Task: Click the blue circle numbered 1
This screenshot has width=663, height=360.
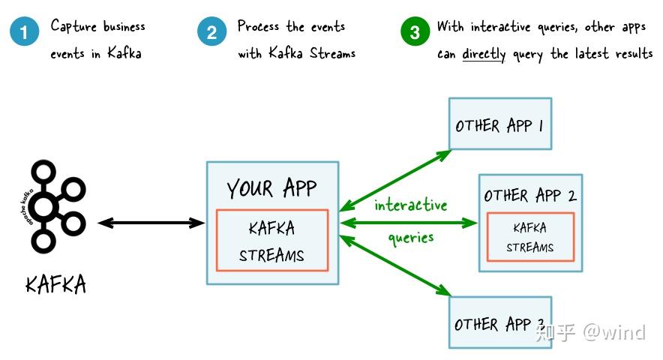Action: (x=25, y=33)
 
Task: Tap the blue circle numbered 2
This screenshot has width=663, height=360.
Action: (x=212, y=33)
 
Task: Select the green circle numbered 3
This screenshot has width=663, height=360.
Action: (x=415, y=33)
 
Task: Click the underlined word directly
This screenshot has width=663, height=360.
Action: (x=483, y=54)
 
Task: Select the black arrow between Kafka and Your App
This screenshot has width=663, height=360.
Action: (x=151, y=222)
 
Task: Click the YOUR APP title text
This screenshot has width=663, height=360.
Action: (x=272, y=187)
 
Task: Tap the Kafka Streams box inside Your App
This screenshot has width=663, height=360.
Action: (x=272, y=240)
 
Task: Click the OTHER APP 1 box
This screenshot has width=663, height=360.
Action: (x=499, y=124)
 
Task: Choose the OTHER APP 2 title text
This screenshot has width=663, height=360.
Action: (x=529, y=196)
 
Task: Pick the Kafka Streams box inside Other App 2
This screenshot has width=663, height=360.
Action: (x=529, y=238)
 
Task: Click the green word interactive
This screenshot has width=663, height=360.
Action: (x=410, y=205)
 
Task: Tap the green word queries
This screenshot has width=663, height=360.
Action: (x=410, y=238)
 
